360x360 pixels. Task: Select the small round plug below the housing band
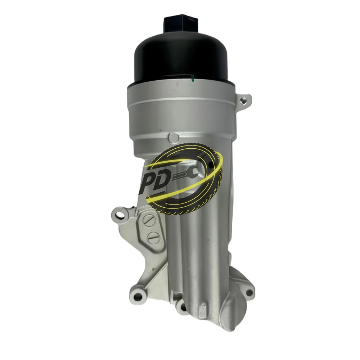(x=174, y=137)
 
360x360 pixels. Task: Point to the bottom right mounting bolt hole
(x=249, y=292)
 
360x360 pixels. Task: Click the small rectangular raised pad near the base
(x=202, y=309)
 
